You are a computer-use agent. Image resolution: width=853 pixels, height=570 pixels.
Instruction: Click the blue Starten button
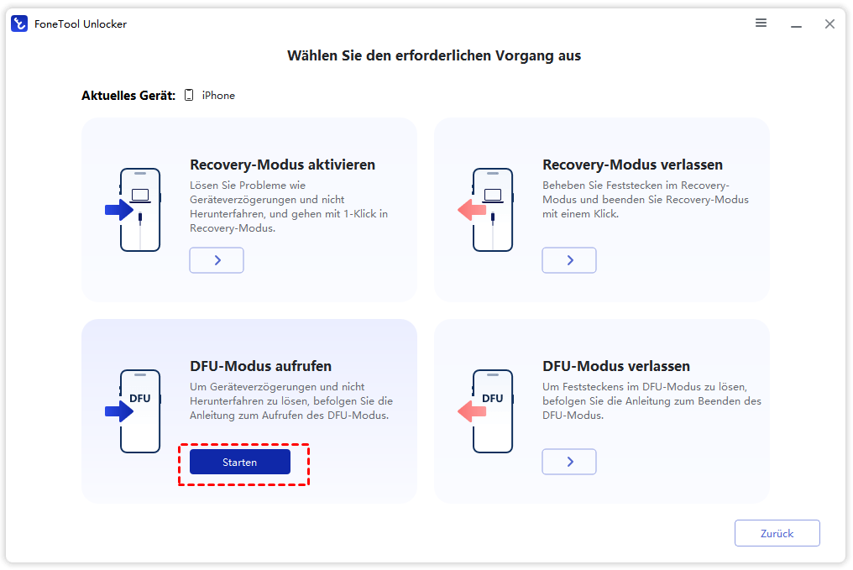click(x=240, y=462)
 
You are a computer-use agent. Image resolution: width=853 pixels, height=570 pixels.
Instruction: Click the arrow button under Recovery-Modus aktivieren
click(x=217, y=260)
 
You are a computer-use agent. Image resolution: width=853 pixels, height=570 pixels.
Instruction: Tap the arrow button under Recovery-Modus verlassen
click(x=569, y=260)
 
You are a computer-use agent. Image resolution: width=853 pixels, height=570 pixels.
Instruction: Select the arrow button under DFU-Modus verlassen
click(x=569, y=462)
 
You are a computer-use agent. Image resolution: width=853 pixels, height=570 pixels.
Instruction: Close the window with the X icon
click(x=829, y=24)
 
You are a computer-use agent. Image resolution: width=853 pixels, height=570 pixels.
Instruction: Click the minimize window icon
click(x=797, y=26)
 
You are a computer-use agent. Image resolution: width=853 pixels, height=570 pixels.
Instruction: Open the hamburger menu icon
click(x=761, y=23)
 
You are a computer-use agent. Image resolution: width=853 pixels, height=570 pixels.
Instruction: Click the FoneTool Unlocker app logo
click(x=19, y=24)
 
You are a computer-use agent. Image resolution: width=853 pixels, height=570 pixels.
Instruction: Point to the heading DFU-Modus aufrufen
click(x=260, y=366)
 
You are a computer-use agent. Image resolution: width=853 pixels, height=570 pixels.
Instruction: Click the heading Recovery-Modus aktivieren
click(x=282, y=165)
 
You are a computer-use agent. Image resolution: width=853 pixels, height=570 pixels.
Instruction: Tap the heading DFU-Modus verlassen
click(x=616, y=366)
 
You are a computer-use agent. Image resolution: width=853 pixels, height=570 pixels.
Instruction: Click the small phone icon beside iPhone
click(x=189, y=95)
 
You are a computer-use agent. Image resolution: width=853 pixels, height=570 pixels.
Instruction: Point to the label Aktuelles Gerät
click(x=128, y=96)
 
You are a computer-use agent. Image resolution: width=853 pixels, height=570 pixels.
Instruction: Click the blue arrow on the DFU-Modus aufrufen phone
click(x=119, y=411)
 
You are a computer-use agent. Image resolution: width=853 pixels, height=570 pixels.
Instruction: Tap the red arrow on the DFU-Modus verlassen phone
click(x=472, y=411)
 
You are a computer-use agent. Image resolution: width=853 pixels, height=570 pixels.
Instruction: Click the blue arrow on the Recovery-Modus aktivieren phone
click(x=119, y=210)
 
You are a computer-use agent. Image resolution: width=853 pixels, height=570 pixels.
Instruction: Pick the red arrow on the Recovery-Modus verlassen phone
click(x=472, y=210)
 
